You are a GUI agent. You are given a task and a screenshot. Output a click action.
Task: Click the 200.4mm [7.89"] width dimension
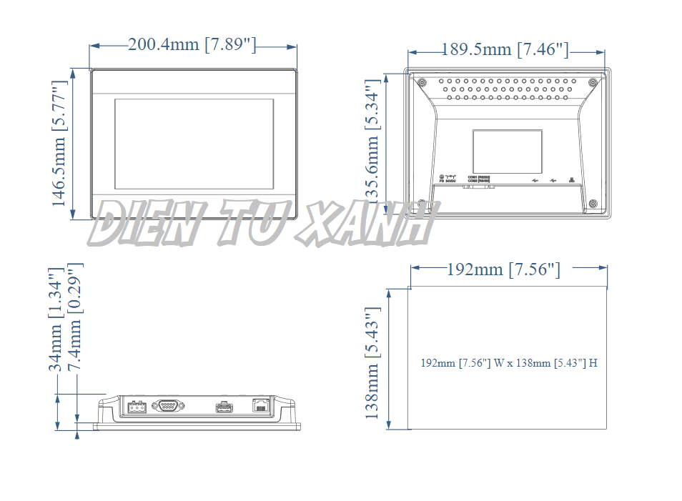click(x=192, y=45)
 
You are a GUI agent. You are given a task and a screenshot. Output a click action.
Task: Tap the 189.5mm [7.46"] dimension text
click(x=505, y=49)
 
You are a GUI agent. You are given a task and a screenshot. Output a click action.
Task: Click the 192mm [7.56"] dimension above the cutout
click(x=503, y=269)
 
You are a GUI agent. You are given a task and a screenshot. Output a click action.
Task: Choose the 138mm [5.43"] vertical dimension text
click(x=372, y=363)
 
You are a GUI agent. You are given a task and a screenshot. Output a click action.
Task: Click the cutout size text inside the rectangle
click(x=509, y=363)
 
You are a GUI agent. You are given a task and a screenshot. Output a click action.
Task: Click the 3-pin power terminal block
click(x=135, y=407)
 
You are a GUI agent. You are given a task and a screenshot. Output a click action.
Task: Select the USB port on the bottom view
click(x=224, y=407)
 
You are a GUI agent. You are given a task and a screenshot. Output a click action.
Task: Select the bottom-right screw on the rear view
click(x=593, y=204)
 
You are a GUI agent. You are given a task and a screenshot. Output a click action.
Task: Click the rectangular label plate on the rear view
click(x=508, y=152)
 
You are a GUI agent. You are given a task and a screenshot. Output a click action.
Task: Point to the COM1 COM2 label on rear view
click(x=479, y=179)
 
